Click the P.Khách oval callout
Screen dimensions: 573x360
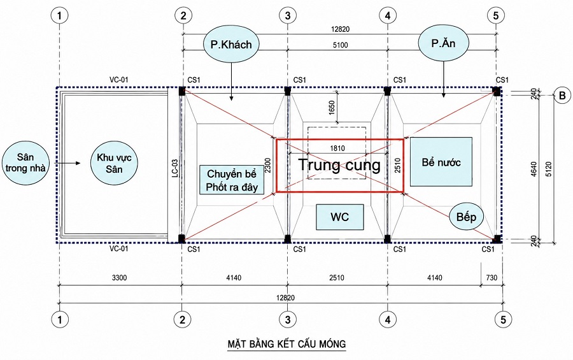(x=231, y=44)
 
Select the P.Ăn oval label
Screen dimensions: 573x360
(x=443, y=43)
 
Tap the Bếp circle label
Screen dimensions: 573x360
(x=466, y=217)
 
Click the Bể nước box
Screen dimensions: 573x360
(x=441, y=162)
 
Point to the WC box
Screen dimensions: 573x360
(x=340, y=217)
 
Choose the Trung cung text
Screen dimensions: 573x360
(x=339, y=164)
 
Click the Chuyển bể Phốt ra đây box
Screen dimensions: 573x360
(x=232, y=180)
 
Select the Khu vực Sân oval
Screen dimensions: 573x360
(x=114, y=163)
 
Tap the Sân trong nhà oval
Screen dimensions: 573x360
(x=25, y=163)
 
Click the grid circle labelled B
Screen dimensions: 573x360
(x=562, y=96)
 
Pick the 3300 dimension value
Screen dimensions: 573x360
(x=120, y=278)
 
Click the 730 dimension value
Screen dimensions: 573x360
(x=492, y=277)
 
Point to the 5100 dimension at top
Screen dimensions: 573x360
(x=340, y=45)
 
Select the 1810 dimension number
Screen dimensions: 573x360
(x=337, y=148)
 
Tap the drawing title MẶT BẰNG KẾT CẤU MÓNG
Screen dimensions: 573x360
(x=287, y=344)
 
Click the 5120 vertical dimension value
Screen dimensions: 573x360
(x=549, y=169)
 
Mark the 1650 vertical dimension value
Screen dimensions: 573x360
(x=332, y=108)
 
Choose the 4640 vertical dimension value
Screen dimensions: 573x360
(x=534, y=169)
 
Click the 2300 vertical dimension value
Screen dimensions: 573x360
(x=268, y=166)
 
